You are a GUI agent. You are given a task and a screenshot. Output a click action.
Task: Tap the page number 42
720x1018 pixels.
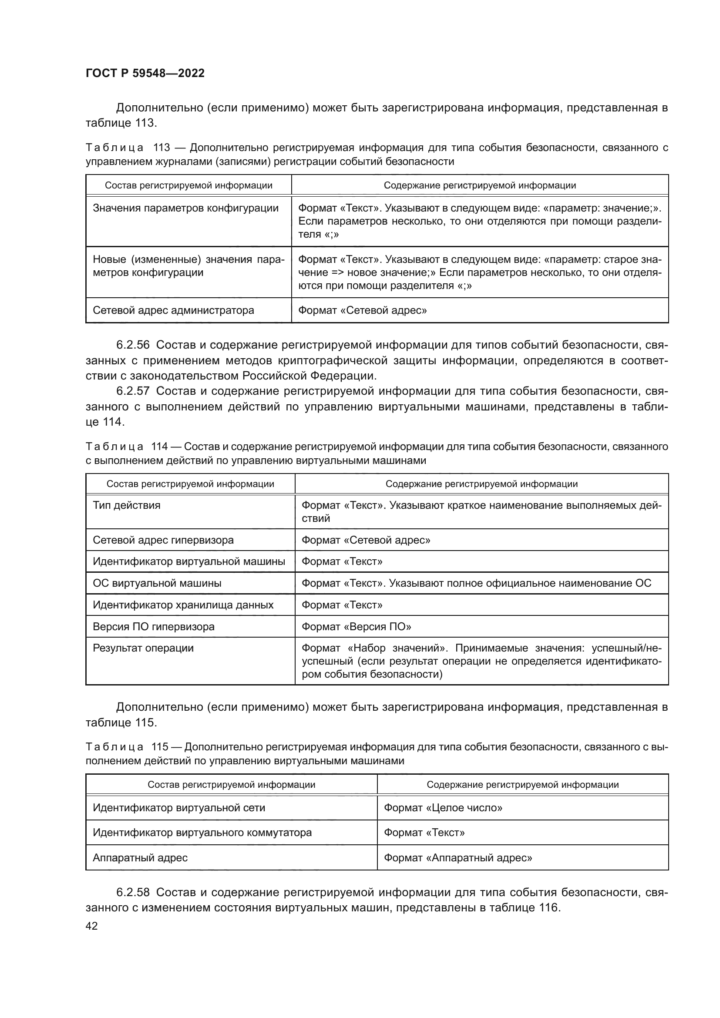[x=92, y=926]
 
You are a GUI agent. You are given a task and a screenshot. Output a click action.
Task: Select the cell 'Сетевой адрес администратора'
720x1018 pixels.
[x=173, y=310]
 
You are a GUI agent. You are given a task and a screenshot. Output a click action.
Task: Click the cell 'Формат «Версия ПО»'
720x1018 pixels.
[x=356, y=626]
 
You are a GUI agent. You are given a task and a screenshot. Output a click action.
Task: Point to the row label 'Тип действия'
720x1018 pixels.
[x=126, y=505]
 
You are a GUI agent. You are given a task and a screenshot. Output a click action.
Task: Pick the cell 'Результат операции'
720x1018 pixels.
[x=143, y=648]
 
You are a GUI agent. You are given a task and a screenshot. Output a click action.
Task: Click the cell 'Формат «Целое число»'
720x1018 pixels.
[x=443, y=808]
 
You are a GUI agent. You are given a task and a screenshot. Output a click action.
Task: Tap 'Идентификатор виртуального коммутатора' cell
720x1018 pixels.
[x=202, y=833]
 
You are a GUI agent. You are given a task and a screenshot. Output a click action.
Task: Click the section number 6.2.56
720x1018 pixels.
[x=133, y=345]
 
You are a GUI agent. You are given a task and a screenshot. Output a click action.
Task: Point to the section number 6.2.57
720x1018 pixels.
[x=133, y=391]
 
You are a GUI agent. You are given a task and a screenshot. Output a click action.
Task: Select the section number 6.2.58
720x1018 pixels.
[x=133, y=893]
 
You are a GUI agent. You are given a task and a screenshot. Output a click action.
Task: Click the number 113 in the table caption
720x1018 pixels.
[x=161, y=148]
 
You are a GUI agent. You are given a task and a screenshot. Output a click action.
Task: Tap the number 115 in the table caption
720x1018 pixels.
[x=160, y=747]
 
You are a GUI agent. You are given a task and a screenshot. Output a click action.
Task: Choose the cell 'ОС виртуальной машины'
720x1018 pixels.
[x=157, y=583]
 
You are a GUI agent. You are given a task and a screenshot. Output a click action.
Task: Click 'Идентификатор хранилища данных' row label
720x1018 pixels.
[x=183, y=605]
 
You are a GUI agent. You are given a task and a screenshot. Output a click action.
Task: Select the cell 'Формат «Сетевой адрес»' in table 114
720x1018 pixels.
[x=366, y=540]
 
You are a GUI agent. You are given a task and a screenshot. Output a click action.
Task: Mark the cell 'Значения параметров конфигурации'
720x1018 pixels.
[x=185, y=208]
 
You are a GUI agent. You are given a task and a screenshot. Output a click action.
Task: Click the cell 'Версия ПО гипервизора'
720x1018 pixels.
[x=153, y=626]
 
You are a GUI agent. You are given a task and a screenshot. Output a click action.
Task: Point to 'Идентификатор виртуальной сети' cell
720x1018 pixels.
[x=178, y=808]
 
